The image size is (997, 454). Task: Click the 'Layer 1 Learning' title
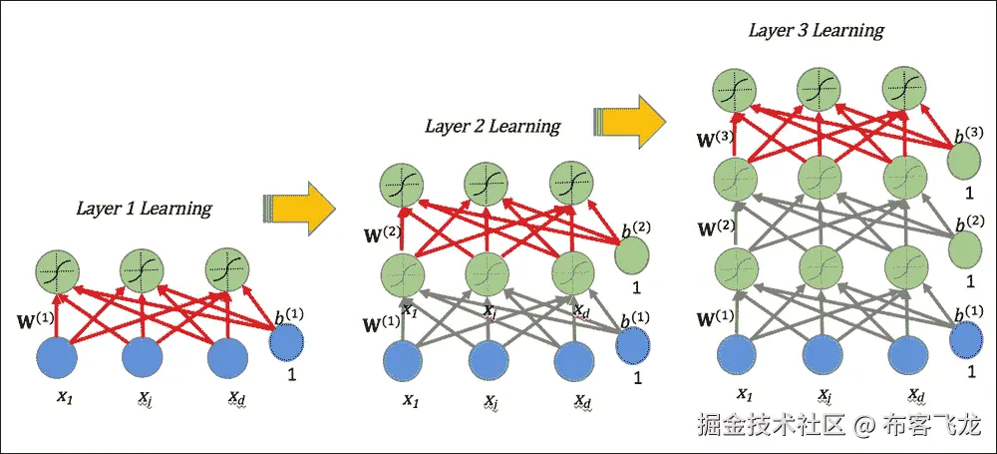(x=144, y=209)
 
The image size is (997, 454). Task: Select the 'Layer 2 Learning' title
(x=493, y=126)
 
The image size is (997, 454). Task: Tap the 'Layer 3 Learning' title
(x=816, y=30)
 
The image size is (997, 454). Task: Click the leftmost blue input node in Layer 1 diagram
(x=57, y=357)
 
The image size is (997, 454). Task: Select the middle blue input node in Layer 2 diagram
(x=490, y=361)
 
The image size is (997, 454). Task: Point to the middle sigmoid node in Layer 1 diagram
(x=143, y=270)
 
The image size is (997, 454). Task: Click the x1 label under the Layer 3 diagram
(x=742, y=394)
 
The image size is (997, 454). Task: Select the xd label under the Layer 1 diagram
(x=235, y=399)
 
